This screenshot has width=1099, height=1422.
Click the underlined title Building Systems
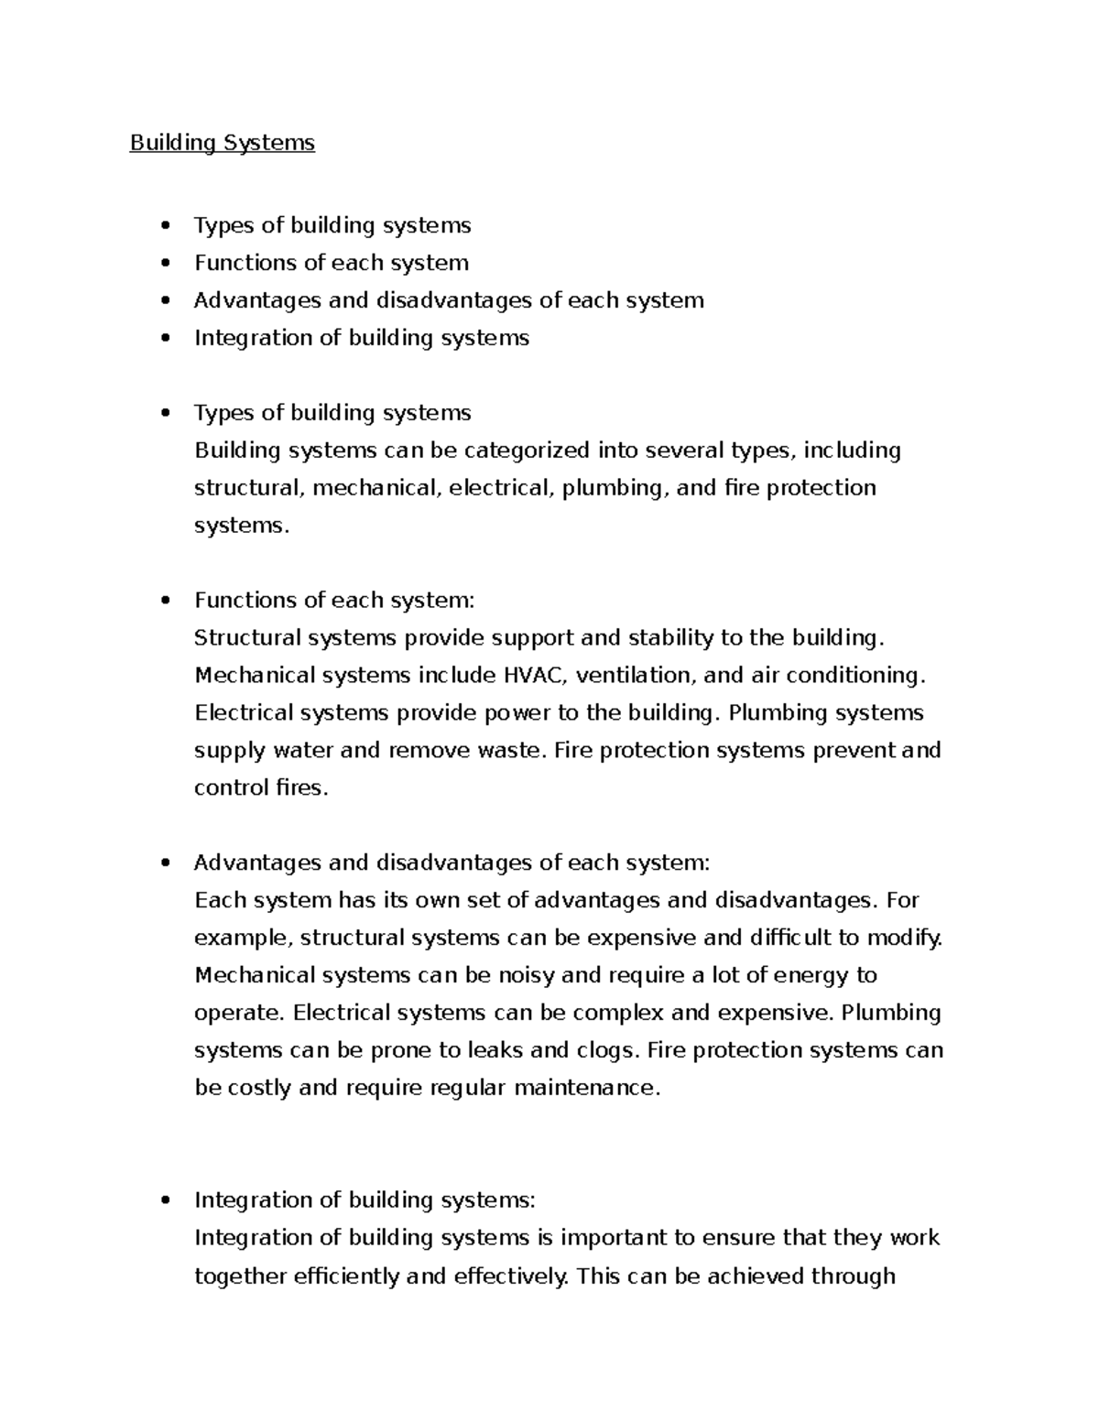(x=222, y=143)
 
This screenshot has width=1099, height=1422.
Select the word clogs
(x=604, y=1050)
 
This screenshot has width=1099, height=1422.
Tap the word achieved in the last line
(x=756, y=1276)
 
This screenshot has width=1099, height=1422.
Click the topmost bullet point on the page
(x=165, y=226)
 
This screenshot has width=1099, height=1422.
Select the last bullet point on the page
(x=165, y=1200)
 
